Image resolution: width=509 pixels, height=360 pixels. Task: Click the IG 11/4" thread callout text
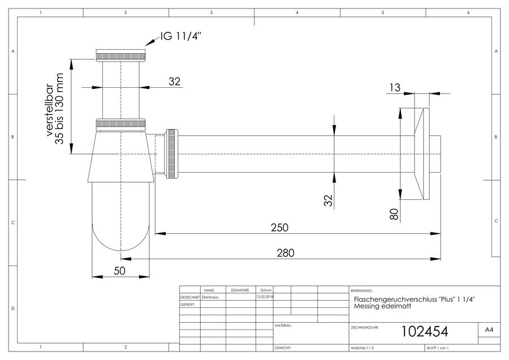tap(181, 36)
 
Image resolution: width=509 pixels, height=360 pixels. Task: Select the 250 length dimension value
tap(279, 228)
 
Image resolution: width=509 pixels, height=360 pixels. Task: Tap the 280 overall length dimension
tap(286, 253)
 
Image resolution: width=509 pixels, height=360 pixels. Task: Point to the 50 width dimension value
tap(119, 271)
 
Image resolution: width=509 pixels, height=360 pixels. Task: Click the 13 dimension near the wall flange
tap(395, 87)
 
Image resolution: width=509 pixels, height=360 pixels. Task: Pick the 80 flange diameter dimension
tap(394, 214)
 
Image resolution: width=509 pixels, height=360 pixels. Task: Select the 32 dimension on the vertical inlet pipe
tap(174, 82)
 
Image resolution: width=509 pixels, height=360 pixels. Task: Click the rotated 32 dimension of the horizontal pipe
tap(328, 200)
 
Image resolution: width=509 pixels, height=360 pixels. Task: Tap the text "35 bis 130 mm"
tap(59, 109)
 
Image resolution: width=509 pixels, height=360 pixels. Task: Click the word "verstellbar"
tap(49, 110)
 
